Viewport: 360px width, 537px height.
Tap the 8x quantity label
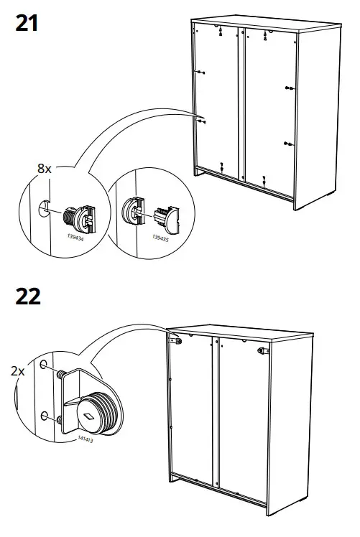44,169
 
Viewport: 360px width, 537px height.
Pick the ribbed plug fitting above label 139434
75,214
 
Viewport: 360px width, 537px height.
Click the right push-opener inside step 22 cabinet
263,351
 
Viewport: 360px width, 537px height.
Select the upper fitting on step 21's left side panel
201,72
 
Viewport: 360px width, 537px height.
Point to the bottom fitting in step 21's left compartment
223,164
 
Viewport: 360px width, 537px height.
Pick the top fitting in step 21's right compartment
267,34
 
